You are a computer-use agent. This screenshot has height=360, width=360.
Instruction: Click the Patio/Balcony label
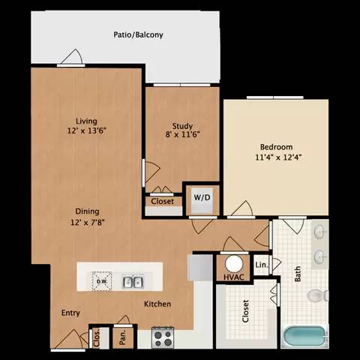[139, 35]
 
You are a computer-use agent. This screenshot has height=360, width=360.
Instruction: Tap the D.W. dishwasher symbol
[101, 281]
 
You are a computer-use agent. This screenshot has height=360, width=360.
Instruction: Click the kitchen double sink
[133, 282]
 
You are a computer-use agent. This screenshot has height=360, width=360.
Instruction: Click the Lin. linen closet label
[261, 265]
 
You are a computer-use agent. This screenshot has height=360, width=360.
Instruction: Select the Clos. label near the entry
[96, 337]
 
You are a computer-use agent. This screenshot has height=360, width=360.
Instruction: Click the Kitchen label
[157, 304]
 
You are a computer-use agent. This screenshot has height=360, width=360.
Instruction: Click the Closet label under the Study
[162, 202]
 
